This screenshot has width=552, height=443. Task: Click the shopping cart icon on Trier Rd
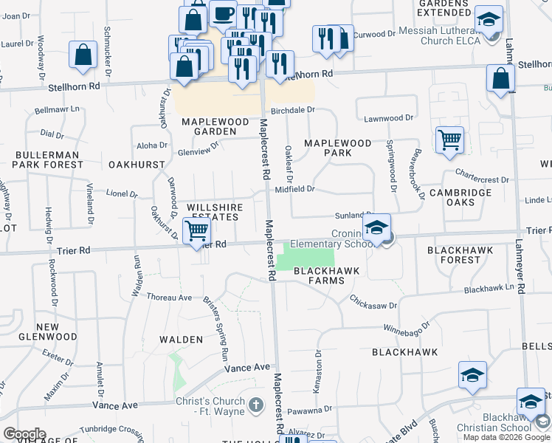[196, 231]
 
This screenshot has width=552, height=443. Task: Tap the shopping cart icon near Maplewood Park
[449, 139]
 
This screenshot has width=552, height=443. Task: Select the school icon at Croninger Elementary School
[376, 228]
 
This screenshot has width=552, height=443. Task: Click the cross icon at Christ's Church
[255, 404]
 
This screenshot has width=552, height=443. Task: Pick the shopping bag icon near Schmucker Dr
[83, 55]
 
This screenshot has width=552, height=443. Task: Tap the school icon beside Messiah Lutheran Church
[489, 20]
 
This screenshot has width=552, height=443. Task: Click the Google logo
[24, 434]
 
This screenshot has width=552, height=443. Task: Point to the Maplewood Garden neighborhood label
[215, 126]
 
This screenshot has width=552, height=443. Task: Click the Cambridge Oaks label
[460, 198]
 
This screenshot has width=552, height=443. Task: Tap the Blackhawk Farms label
[327, 276]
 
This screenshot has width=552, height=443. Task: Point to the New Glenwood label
[57, 332]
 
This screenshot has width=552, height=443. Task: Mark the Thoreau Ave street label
[170, 298]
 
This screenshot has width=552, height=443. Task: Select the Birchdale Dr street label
[293, 110]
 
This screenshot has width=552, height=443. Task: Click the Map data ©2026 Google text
[507, 436]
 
